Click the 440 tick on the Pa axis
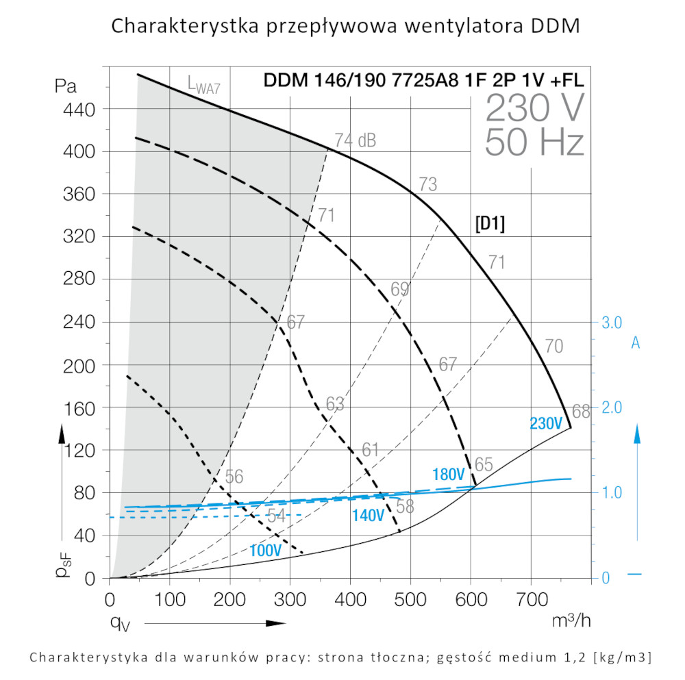point(82,109)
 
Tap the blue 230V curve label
point(545,424)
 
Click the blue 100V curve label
point(265,551)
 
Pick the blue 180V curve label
point(449,475)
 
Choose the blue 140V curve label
point(368,516)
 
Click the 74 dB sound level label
point(355,140)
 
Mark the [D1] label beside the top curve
point(490,224)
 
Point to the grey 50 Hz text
point(534,143)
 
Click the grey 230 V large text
point(535,108)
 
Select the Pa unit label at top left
point(66,86)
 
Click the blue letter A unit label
point(635,343)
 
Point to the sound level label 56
point(234,477)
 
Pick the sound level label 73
point(427,184)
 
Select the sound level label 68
point(581,412)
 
